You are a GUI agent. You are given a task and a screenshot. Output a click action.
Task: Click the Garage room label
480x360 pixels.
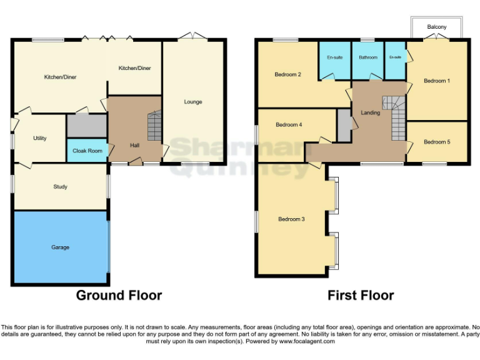(x=60, y=247)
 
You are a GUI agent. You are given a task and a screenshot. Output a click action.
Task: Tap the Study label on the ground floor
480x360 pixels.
(x=60, y=187)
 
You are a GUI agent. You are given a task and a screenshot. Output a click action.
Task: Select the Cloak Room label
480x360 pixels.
(x=87, y=151)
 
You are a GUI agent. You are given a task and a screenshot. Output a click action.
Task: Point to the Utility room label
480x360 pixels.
(x=39, y=138)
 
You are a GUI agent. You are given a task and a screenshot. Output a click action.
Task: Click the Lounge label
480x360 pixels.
(x=193, y=102)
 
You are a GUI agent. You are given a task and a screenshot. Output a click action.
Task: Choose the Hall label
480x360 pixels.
(x=134, y=146)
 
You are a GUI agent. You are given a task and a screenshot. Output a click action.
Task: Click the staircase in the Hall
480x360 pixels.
(x=154, y=126)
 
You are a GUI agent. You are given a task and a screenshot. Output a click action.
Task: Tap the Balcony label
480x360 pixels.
(x=437, y=27)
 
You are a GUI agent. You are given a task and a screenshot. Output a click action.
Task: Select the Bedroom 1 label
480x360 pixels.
(x=436, y=81)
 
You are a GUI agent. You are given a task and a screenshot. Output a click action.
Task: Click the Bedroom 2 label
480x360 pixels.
(x=288, y=74)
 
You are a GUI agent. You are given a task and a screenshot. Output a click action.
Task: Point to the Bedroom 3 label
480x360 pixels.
(x=291, y=219)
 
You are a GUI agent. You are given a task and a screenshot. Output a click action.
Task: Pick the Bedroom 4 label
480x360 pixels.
(x=289, y=124)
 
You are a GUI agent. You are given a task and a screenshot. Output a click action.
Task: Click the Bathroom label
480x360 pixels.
(x=367, y=57)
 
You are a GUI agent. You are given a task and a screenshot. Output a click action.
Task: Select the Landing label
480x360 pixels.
(x=370, y=112)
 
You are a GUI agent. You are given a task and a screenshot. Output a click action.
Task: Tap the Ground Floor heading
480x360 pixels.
(x=119, y=296)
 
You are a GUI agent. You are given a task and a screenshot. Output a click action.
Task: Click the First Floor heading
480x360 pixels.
(x=361, y=296)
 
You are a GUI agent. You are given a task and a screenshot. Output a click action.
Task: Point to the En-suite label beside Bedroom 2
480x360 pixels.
(x=334, y=57)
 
